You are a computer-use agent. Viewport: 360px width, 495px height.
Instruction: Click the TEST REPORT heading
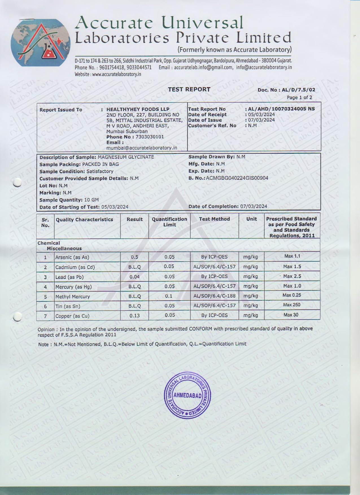pyautogui.click(x=189, y=90)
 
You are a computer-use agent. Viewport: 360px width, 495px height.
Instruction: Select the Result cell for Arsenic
pyautogui.click(x=134, y=257)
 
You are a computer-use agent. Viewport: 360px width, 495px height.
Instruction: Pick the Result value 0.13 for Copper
pyautogui.click(x=134, y=316)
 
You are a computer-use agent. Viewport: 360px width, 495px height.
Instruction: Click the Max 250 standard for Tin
pyautogui.click(x=292, y=305)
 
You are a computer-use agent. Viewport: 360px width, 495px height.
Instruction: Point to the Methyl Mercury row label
pyautogui.click(x=73, y=297)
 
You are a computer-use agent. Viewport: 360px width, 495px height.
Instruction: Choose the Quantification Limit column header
pyautogui.click(x=169, y=222)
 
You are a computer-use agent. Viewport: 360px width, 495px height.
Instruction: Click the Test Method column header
pyautogui.click(x=214, y=219)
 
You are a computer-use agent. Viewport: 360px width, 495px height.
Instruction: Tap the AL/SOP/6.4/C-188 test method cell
pyautogui.click(x=214, y=296)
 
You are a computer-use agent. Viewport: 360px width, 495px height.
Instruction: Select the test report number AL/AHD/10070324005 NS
pyautogui.click(x=281, y=109)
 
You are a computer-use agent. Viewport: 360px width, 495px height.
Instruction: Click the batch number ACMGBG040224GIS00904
pyautogui.click(x=237, y=178)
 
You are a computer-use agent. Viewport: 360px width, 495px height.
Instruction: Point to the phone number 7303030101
pyautogui.click(x=150, y=137)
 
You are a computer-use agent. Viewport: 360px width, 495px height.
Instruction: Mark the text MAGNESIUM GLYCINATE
pyautogui.click(x=126, y=157)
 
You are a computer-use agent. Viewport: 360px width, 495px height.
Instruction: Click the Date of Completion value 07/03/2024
pyautogui.click(x=254, y=206)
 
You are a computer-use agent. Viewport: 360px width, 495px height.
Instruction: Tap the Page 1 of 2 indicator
pyautogui.click(x=299, y=97)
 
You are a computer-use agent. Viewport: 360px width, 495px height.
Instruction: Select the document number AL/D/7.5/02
pyautogui.click(x=298, y=90)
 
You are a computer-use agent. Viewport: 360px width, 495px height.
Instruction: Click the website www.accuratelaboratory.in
pyautogui.click(x=117, y=74)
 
